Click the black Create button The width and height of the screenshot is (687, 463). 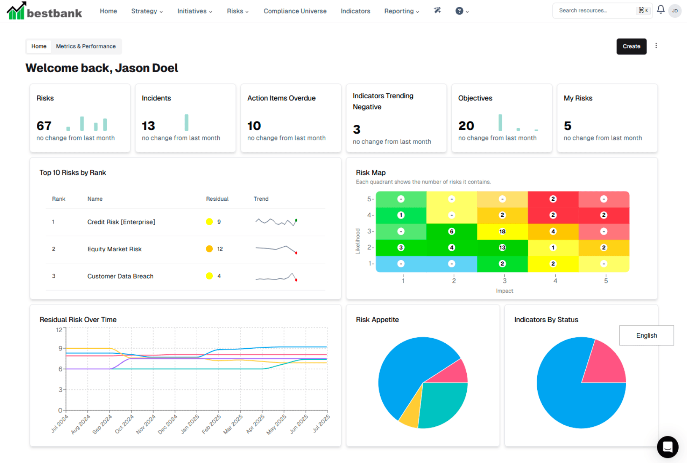tap(631, 46)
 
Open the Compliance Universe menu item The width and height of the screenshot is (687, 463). tap(295, 11)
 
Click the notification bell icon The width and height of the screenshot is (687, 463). tap(660, 10)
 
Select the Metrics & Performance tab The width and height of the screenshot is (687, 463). tap(86, 46)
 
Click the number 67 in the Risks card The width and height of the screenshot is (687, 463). tap(44, 126)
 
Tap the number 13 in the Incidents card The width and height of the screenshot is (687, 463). tap(148, 126)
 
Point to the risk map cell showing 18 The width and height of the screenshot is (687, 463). tap(502, 231)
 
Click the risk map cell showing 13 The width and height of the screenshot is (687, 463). tap(502, 248)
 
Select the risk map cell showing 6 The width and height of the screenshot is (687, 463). tap(452, 231)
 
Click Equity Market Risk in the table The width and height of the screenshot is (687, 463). tap(114, 249)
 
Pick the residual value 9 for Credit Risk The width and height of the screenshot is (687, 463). tap(219, 222)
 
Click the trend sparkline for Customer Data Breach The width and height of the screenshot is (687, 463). tap(276, 277)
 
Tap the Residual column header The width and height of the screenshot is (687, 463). tap(217, 199)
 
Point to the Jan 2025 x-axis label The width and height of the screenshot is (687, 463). tap(190, 424)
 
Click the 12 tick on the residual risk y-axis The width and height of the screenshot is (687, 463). tap(59, 330)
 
